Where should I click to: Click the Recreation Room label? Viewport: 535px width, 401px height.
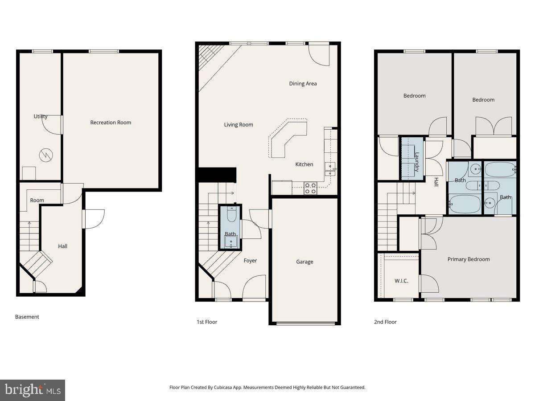[111, 123]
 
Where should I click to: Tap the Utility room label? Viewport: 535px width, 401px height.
[41, 117]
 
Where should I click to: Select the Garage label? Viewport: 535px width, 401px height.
[305, 262]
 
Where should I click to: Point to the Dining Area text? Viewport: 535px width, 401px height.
[303, 84]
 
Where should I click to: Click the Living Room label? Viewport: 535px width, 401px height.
[239, 125]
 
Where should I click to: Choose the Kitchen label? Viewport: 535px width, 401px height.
[304, 164]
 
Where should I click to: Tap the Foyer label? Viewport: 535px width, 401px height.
[250, 261]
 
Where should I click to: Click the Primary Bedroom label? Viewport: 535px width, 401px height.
[469, 259]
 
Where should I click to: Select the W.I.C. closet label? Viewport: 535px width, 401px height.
[401, 281]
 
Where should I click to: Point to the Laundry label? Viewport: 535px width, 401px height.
[417, 162]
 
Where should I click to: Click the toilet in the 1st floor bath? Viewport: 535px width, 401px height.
[231, 215]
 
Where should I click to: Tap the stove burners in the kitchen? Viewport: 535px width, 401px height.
[310, 188]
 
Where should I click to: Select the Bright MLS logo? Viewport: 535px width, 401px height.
[33, 390]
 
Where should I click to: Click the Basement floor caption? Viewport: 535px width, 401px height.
[27, 317]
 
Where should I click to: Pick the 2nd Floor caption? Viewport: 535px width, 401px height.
[385, 322]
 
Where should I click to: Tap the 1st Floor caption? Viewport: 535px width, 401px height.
[207, 322]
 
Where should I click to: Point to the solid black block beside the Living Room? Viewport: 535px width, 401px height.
[217, 174]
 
